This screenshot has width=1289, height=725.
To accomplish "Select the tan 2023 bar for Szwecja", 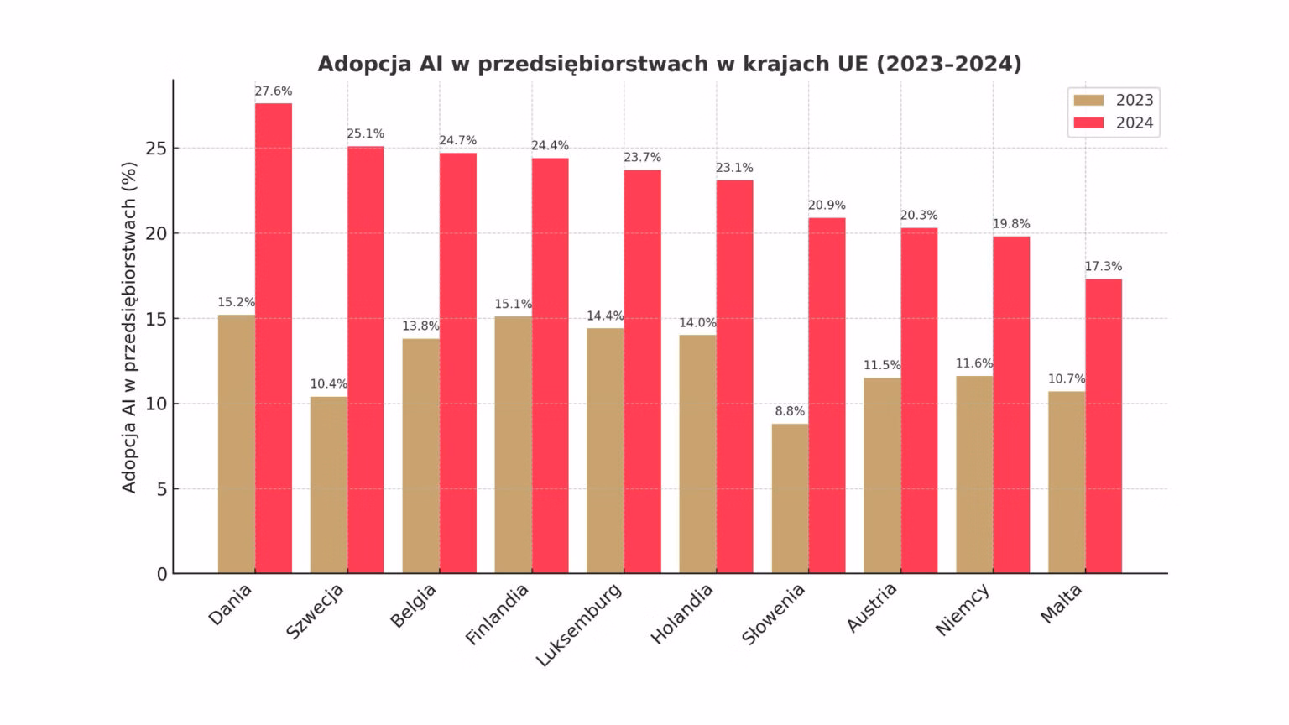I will (328, 485).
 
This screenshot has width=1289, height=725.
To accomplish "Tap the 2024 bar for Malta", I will (1104, 426).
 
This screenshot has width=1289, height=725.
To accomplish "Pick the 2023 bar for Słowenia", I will (790, 498).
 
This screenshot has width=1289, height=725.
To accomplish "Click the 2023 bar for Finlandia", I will (513, 445).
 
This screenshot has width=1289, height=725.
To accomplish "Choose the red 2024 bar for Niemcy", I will (1011, 405).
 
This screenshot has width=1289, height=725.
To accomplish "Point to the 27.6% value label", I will (274, 91).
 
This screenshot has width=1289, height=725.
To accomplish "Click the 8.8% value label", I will (790, 411).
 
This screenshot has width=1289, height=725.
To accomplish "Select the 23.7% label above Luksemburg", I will (642, 158).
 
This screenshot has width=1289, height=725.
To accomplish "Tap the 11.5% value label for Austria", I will (882, 365).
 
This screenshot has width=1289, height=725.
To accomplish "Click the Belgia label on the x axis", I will (414, 605).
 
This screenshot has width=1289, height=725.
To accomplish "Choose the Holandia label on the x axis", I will (682, 613).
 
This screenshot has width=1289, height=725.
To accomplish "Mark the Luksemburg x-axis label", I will (579, 625).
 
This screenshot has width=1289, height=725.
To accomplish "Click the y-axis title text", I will (129, 327).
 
